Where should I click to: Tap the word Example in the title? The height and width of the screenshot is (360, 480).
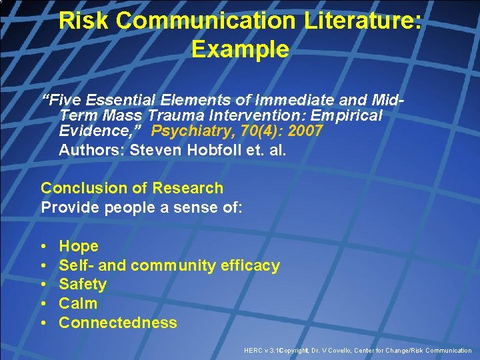[240, 49]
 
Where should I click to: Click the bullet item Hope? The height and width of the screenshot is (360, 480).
[79, 246]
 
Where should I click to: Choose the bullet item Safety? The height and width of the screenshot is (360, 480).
[83, 284]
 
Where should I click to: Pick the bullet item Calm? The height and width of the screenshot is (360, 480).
[78, 303]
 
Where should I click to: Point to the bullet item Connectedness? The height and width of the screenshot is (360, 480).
[118, 323]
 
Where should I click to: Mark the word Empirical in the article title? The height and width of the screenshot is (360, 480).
[345, 115]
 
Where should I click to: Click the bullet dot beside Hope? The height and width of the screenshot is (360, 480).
[44, 247]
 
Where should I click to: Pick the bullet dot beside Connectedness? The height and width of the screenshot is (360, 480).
[44, 323]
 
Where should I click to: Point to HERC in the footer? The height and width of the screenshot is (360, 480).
[254, 351]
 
